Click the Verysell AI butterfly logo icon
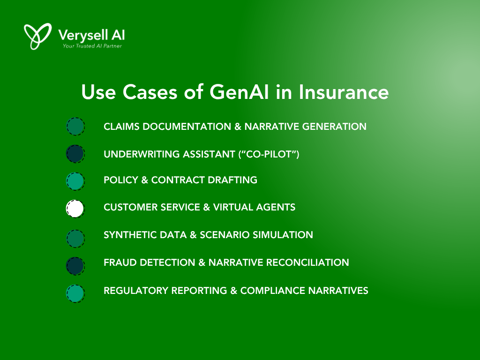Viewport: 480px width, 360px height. (37, 36)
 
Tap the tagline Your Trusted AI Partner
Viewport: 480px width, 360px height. (92, 46)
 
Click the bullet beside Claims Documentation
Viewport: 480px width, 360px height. (75, 127)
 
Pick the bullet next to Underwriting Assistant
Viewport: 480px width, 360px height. (75, 154)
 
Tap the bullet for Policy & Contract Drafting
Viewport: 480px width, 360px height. (75, 181)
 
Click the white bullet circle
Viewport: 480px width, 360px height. (75, 209)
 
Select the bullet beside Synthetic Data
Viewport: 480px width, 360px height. (75, 239)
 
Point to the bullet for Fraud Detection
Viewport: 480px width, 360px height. (75, 266)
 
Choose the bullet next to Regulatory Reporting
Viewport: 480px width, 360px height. (75, 293)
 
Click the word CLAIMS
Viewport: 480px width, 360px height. (121, 127)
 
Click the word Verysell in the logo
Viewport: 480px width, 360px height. (83, 36)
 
